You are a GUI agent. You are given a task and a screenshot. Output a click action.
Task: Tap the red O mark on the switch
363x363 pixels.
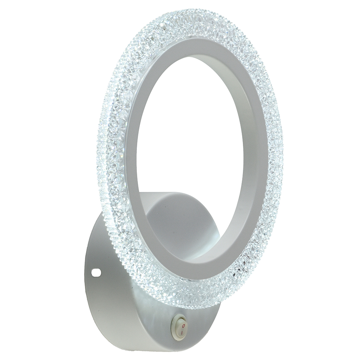(x=183, y=321)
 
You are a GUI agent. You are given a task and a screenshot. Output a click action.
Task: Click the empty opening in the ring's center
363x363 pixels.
(x=189, y=138)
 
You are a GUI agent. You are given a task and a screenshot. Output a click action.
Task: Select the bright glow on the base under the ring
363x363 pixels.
(x=145, y=290)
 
